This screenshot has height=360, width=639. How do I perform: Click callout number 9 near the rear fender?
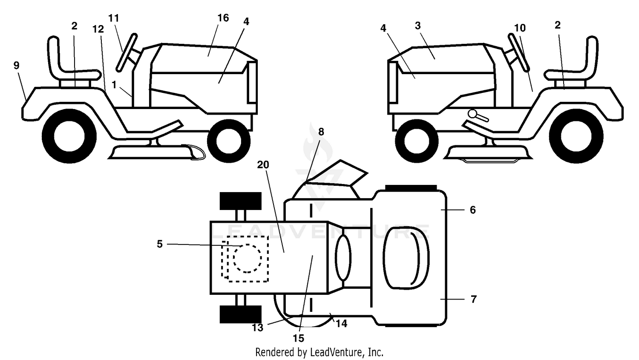click(17, 65)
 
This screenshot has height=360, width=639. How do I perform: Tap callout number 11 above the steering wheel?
click(114, 18)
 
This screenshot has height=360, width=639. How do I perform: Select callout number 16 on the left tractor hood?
click(223, 18)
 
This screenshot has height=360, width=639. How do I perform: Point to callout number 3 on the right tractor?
click(417, 26)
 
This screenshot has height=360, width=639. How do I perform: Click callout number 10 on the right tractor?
click(520, 28)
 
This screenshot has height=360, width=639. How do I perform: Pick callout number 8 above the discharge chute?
click(321, 132)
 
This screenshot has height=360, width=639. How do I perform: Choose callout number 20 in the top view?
click(263, 164)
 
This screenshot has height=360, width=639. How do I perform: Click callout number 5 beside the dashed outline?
click(160, 244)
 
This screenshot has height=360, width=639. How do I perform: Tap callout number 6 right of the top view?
click(473, 210)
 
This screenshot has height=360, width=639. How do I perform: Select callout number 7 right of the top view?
click(474, 299)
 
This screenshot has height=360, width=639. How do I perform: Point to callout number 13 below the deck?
click(257, 328)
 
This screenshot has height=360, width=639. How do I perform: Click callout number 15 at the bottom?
click(298, 338)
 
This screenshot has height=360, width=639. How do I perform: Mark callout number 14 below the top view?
click(341, 323)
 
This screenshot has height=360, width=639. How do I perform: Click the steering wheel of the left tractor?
click(127, 53)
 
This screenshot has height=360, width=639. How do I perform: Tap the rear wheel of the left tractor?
click(69, 136)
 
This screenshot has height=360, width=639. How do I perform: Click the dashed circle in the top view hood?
click(248, 258)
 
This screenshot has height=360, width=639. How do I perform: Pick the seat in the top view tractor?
click(406, 258)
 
